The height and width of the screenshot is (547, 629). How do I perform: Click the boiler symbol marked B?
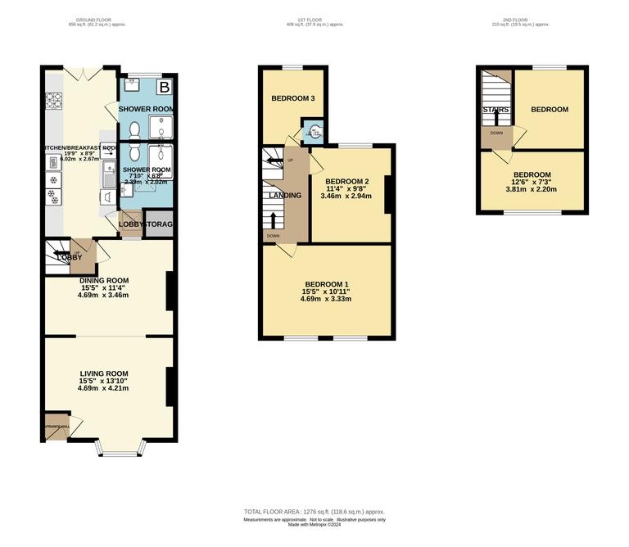(165, 86)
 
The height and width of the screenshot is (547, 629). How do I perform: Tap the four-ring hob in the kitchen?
(54, 101)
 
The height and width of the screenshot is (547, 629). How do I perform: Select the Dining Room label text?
(104, 280)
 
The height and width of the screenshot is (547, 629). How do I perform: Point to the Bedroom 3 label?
(293, 99)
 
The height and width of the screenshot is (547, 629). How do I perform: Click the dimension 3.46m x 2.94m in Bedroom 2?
(346, 197)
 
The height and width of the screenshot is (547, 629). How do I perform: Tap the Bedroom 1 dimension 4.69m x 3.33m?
(325, 299)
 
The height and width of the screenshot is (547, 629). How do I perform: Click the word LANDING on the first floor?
(281, 195)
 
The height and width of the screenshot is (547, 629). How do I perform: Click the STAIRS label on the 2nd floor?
(496, 109)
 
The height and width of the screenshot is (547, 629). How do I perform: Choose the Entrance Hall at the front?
(57, 427)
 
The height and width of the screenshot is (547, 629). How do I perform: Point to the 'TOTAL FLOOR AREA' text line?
(314, 512)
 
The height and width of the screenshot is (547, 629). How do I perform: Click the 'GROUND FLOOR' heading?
(97, 19)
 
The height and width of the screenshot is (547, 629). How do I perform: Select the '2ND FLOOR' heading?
(532, 19)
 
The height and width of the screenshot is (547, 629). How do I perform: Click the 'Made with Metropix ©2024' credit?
(314, 525)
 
